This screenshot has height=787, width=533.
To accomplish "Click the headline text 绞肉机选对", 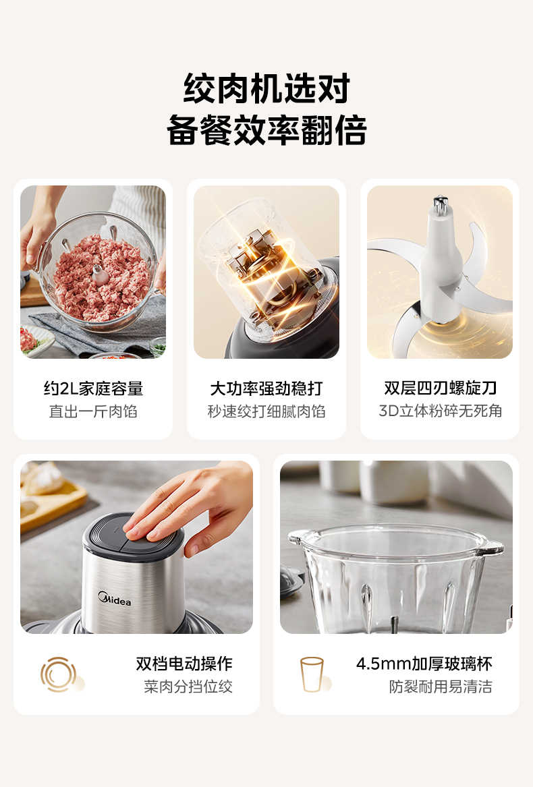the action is pyautogui.click(x=266, y=88).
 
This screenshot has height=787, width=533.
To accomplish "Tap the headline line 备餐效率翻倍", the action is pyautogui.click(x=266, y=130).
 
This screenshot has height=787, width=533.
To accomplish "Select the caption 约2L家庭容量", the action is pyautogui.click(x=93, y=388).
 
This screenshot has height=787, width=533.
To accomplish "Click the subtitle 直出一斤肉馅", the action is pyautogui.click(x=93, y=411).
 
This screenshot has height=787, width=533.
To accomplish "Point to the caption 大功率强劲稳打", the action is pyautogui.click(x=266, y=388).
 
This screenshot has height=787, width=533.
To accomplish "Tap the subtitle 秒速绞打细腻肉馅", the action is pyautogui.click(x=266, y=411).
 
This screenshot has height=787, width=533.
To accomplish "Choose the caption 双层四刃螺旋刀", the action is pyautogui.click(x=440, y=388).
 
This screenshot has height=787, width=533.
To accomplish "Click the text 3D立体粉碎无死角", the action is pyautogui.click(x=440, y=411).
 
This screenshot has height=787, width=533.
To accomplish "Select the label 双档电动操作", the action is pyautogui.click(x=184, y=664).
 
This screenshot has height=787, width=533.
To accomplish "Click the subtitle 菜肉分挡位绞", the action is pyautogui.click(x=188, y=687).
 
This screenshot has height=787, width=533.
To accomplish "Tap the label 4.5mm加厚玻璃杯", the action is pyautogui.click(x=424, y=664).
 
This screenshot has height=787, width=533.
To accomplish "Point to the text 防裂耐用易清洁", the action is pyautogui.click(x=441, y=687).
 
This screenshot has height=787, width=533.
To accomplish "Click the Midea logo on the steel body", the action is pyautogui.click(x=115, y=598).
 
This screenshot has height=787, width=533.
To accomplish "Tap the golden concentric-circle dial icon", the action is pyautogui.click(x=59, y=674).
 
